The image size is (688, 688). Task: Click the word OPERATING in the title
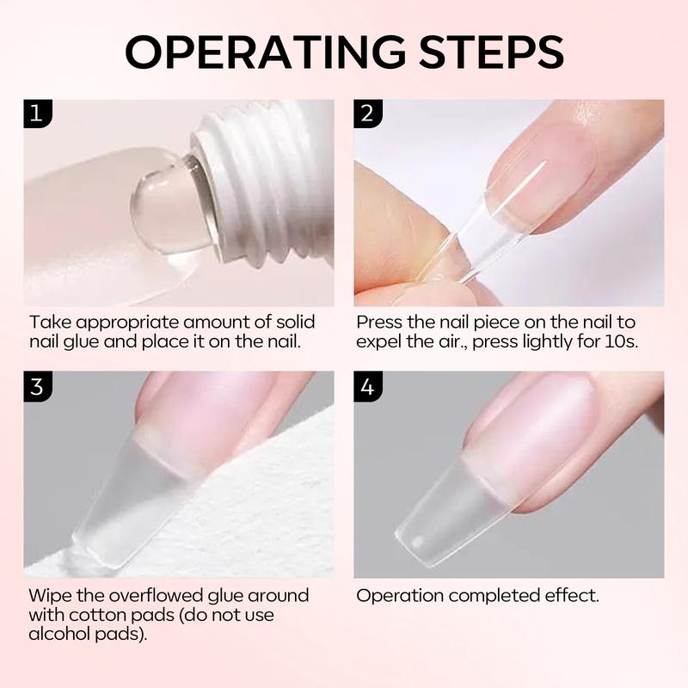click(x=266, y=52)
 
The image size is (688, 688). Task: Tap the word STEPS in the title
click(x=491, y=52)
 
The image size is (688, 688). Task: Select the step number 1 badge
click(x=38, y=114)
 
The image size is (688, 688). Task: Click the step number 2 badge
click(x=368, y=114)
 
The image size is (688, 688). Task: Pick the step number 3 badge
click(x=38, y=386)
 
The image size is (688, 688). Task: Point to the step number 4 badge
click(x=368, y=386)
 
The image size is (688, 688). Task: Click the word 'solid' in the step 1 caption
click(x=295, y=322)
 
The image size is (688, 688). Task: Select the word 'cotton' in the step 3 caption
click(x=91, y=615)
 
